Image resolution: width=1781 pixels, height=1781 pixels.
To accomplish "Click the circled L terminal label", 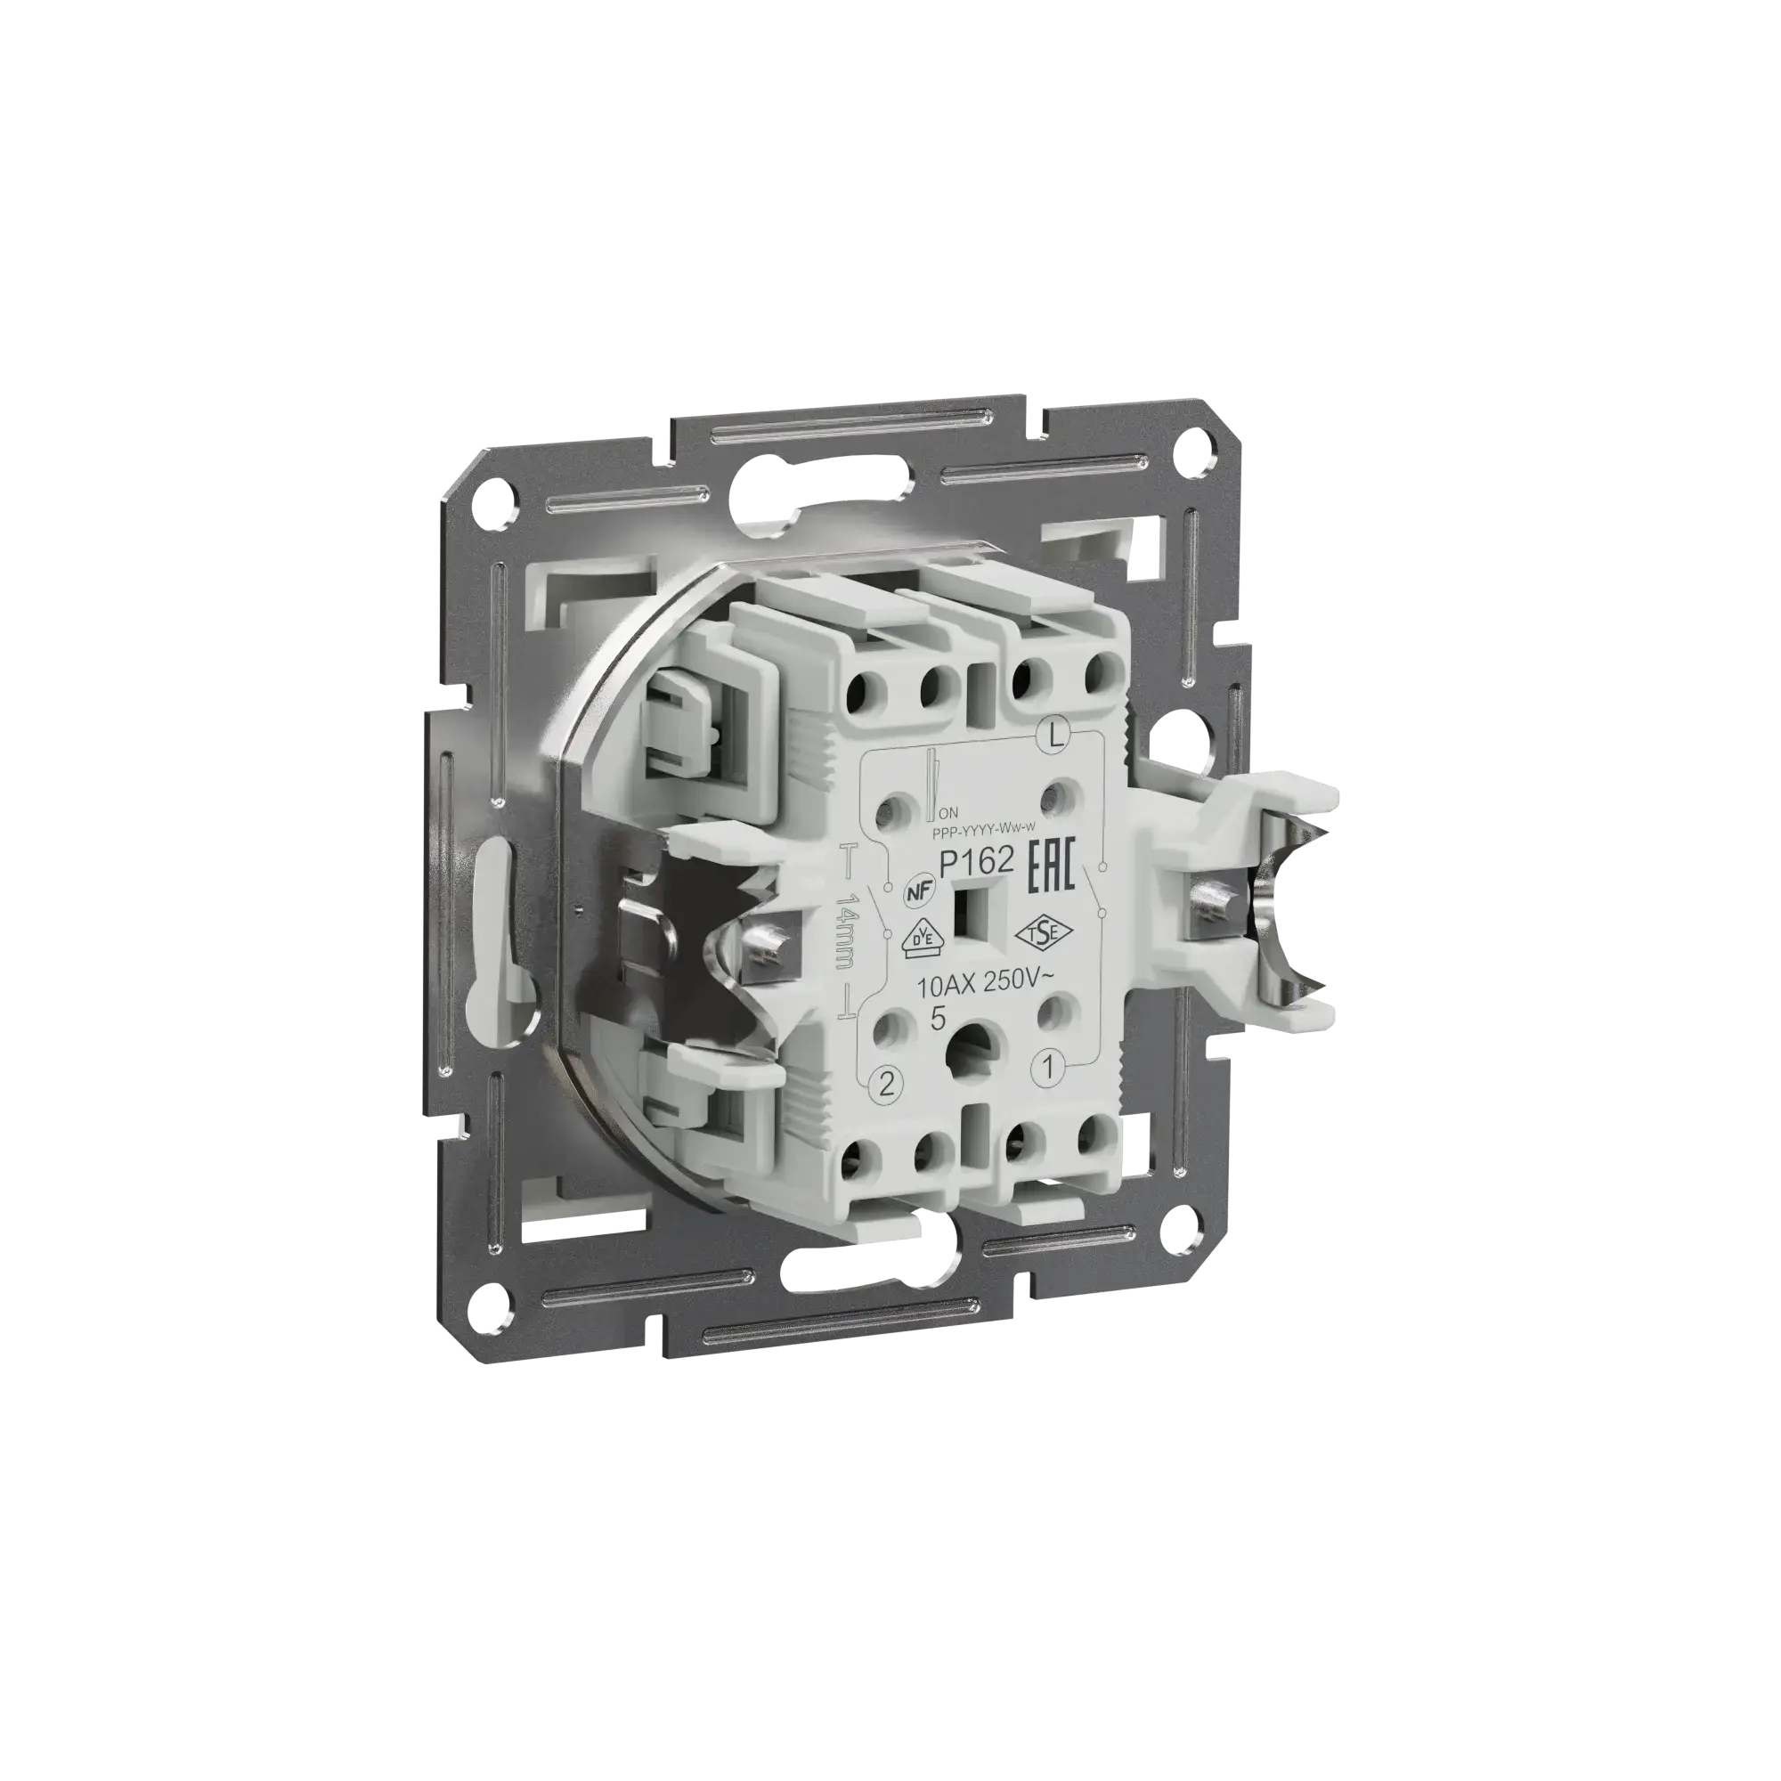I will coord(1053,735).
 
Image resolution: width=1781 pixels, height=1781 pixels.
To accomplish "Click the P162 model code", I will coord(976,861).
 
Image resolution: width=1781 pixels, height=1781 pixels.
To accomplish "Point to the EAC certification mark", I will coord(1051,866).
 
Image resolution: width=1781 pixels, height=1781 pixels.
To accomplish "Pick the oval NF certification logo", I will coord(915,891).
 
